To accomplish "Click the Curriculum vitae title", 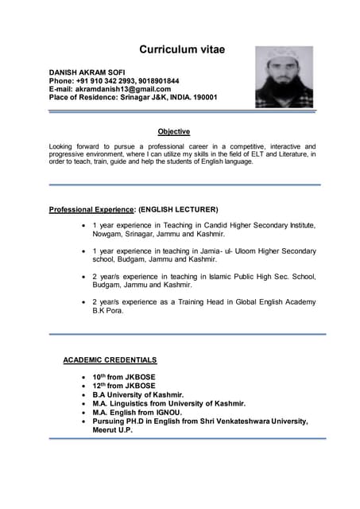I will (182, 49).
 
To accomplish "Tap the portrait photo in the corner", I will (283, 77).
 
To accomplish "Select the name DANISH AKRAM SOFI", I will (87, 72).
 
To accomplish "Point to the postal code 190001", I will (201, 97).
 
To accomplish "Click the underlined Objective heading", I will (173, 131).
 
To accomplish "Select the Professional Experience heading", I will (91, 209).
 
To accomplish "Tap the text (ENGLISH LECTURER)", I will (178, 209).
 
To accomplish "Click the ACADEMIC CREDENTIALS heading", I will (110, 360).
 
